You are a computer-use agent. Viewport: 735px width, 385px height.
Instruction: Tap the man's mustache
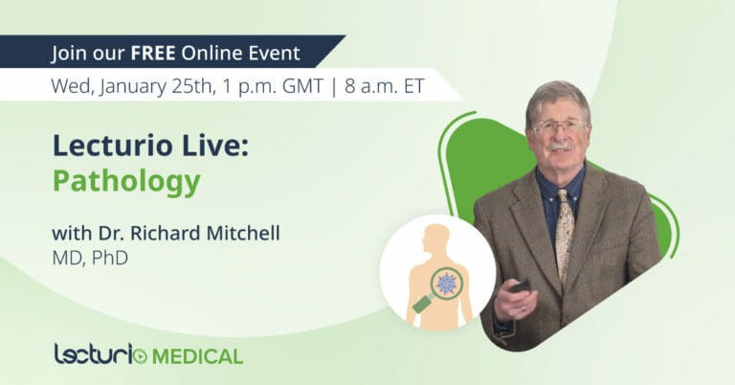click(x=560, y=147)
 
